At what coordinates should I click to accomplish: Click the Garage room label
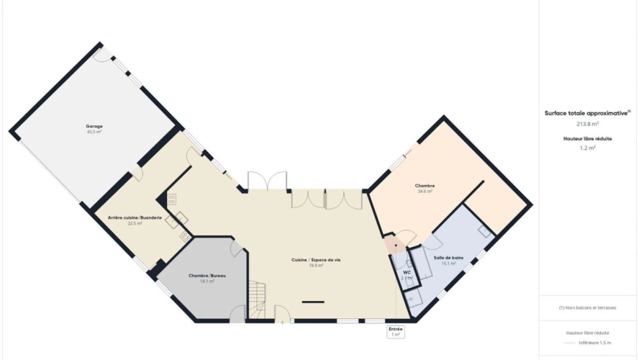click(94, 126)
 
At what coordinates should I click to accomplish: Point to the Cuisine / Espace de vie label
click(316, 260)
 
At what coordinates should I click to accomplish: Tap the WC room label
click(406, 272)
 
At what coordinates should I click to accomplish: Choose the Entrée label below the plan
click(395, 329)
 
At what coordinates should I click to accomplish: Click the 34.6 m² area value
click(425, 192)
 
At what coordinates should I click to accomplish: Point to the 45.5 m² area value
click(94, 132)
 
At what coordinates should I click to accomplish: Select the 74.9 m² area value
click(316, 266)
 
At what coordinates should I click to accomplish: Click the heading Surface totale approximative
click(587, 113)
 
